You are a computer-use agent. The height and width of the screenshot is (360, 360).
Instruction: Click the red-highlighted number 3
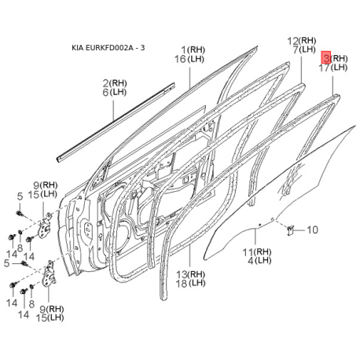[326, 57]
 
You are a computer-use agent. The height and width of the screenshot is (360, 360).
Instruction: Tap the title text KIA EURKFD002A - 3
[108, 48]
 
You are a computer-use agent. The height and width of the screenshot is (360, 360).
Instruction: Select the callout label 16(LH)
[189, 59]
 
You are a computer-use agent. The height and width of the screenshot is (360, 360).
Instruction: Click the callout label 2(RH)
[115, 83]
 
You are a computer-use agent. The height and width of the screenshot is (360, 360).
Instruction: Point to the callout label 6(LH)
[115, 92]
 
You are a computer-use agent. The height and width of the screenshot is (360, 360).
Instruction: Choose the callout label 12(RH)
[302, 41]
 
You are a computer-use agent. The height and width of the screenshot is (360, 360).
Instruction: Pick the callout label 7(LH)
[304, 50]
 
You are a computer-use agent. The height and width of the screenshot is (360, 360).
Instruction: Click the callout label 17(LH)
[333, 68]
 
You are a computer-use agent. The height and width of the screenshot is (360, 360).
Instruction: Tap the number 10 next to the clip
[312, 230]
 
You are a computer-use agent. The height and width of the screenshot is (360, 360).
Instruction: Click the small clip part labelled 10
[289, 230]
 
